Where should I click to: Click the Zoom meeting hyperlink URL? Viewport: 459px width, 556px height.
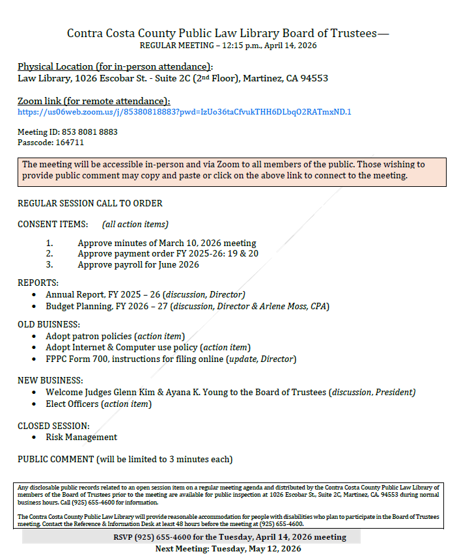pyautogui.click(x=184, y=111)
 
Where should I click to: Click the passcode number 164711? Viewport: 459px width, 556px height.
pyautogui.click(x=69, y=142)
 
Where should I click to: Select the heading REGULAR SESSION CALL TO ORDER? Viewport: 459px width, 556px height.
pyautogui.click(x=90, y=203)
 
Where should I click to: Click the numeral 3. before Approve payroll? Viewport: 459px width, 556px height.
pyautogui.click(x=49, y=265)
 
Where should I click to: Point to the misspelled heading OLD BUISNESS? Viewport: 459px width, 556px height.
pyautogui.click(x=49, y=324)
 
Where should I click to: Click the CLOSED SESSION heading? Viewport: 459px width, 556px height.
pyautogui.click(x=53, y=426)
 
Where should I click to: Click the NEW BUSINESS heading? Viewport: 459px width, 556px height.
pyautogui.click(x=51, y=380)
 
